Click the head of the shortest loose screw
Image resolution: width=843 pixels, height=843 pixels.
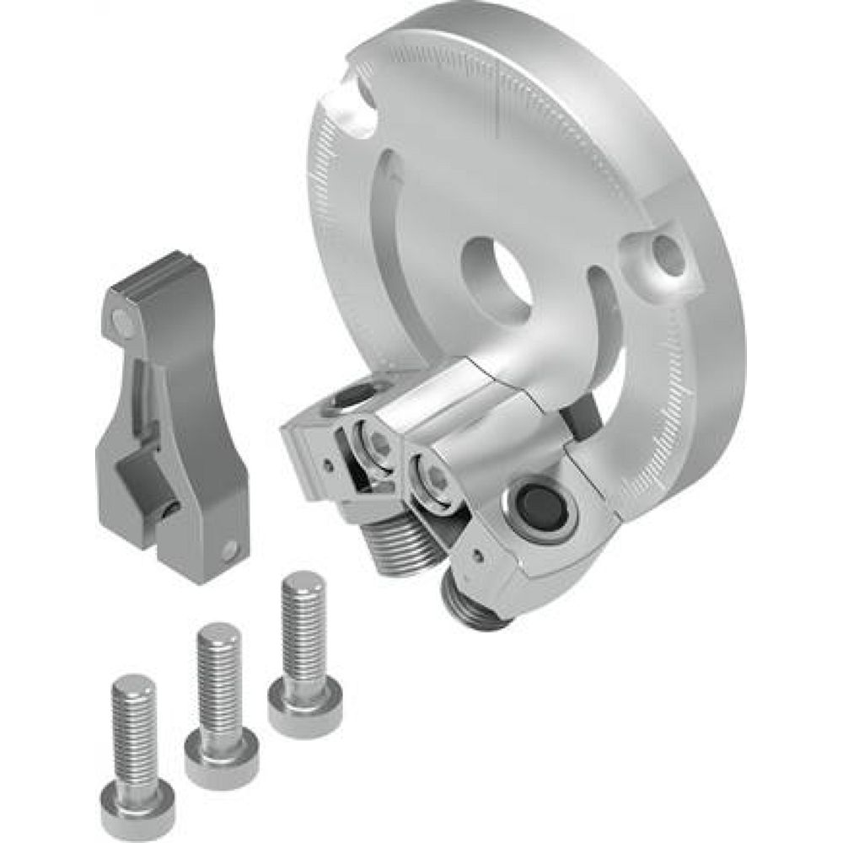click(137, 801)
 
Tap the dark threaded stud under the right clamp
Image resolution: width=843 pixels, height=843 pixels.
click(475, 604)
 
